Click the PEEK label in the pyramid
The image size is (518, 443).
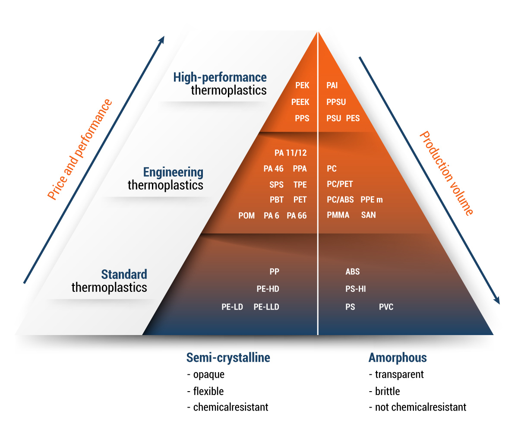[300, 102]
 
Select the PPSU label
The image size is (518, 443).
[336, 102]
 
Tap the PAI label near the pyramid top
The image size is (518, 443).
[332, 85]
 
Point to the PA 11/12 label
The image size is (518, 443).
[291, 153]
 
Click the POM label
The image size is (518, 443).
[246, 215]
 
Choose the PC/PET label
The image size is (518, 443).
[340, 184]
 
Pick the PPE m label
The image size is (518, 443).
[372, 199]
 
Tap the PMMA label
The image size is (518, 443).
[338, 215]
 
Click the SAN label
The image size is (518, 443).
[368, 215]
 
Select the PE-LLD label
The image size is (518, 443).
[266, 307]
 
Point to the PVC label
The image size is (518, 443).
[386, 307]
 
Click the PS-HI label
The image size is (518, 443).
[356, 289]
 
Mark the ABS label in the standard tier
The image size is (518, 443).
[353, 272]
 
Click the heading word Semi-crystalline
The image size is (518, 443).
[228, 358]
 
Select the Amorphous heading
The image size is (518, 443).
[398, 358]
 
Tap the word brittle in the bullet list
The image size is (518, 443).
[387, 391]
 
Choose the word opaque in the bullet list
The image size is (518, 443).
[208, 374]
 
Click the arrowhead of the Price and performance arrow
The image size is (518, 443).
[162, 39]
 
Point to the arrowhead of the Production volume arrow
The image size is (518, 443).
[497, 301]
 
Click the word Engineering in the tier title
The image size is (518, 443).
[173, 172]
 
